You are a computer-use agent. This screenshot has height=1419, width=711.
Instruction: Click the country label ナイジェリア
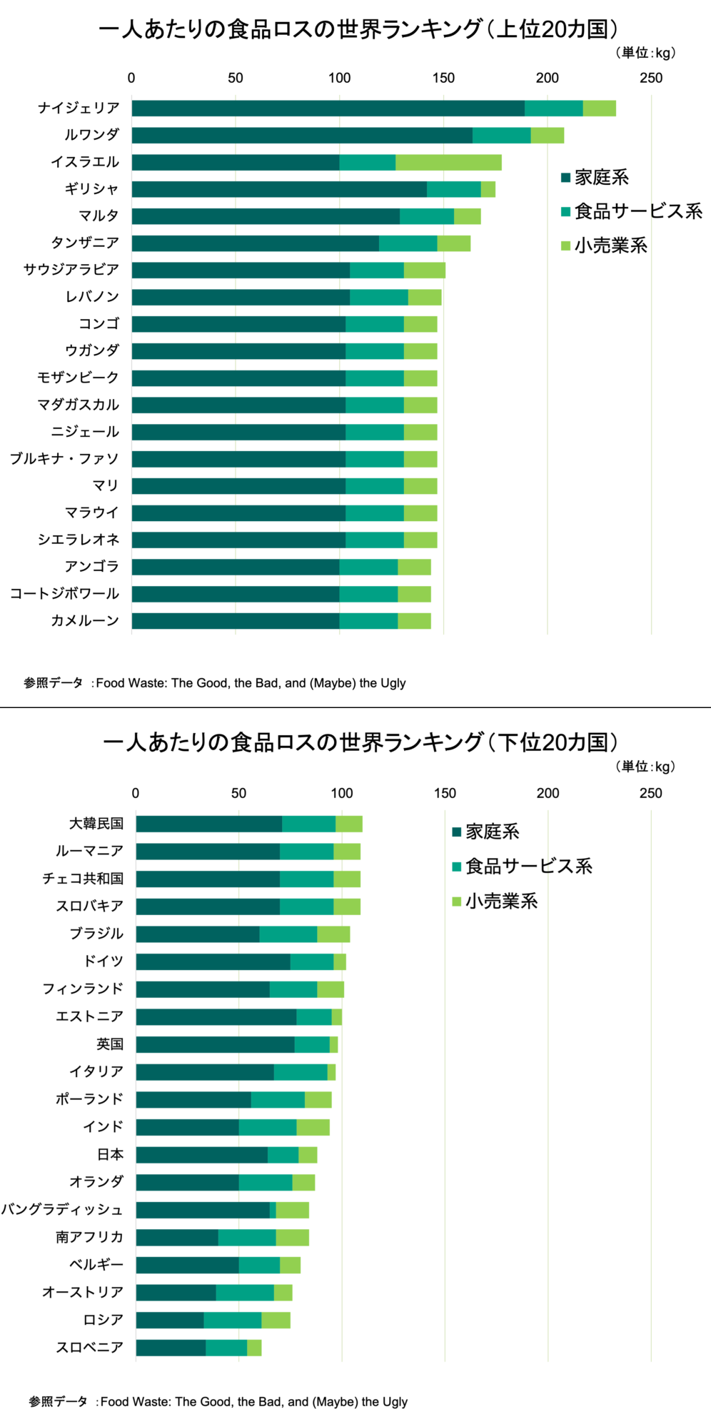coord(79,108)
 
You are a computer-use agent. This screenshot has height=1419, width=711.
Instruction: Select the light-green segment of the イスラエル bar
coord(448,162)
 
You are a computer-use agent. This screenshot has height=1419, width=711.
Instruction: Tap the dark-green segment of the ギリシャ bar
coord(278,189)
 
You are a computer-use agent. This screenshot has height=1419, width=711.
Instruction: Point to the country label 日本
coord(110,1154)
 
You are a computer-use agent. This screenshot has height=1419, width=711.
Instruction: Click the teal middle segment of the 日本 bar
coord(283,1155)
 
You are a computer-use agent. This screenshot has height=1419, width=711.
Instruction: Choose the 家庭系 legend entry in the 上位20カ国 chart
coord(595,177)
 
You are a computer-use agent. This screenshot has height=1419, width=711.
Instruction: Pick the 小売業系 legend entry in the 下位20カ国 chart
coord(495,901)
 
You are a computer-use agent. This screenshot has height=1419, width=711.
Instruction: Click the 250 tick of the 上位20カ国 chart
coord(651,78)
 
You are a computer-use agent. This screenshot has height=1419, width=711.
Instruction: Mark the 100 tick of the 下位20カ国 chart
coord(342,793)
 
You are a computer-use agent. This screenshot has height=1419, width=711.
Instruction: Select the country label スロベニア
coord(89,1347)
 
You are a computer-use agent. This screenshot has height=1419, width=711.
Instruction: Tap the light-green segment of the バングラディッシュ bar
coord(293,1210)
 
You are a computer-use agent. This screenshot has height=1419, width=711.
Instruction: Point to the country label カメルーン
coord(84,620)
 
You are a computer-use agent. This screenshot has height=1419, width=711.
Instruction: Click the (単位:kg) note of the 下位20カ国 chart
coord(645,767)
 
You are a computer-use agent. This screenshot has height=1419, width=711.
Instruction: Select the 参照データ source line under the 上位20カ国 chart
coord(214,683)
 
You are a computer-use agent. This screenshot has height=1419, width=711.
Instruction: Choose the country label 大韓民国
coord(96,823)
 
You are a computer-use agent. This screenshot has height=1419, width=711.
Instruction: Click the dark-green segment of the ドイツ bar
coord(213,961)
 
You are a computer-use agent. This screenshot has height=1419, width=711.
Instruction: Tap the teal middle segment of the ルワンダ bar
coord(501,135)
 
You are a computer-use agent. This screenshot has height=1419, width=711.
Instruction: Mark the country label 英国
coord(110,1044)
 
